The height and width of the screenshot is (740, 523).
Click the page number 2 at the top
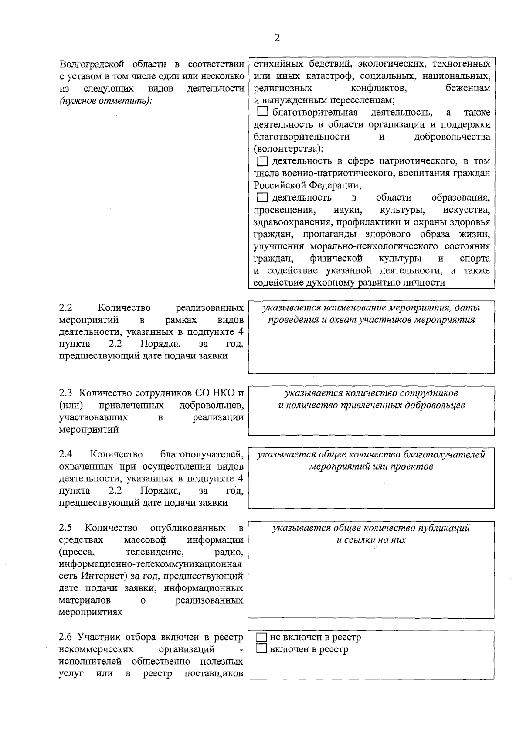tap(277, 38)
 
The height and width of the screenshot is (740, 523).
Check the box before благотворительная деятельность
tap(262, 113)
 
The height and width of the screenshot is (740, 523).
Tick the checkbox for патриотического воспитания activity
tap(262, 162)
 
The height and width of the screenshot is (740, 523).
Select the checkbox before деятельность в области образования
tap(262, 198)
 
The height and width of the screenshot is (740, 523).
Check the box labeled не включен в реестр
tap(261, 638)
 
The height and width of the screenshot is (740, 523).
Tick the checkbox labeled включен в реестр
tap(261, 649)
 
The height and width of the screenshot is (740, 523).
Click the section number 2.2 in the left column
tap(66, 308)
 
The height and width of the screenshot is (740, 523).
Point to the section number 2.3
tap(66, 393)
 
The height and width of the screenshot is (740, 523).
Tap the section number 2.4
tap(66, 454)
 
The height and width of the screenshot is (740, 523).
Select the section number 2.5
tap(66, 528)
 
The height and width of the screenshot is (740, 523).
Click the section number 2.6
tap(66, 638)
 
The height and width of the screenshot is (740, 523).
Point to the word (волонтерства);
tap(289, 149)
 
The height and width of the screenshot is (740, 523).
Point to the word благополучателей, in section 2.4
tap(202, 454)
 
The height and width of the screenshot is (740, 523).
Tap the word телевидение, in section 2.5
tap(154, 552)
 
